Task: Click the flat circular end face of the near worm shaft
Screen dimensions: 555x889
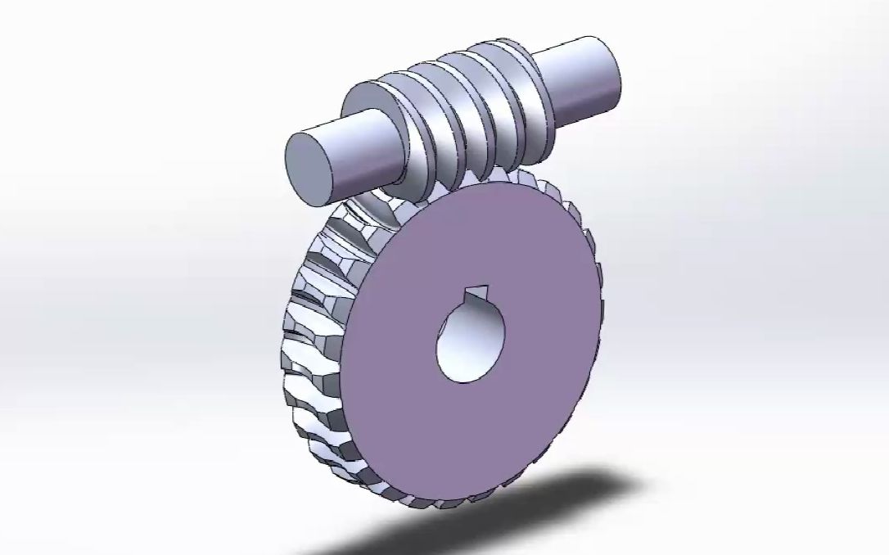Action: (309, 166)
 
